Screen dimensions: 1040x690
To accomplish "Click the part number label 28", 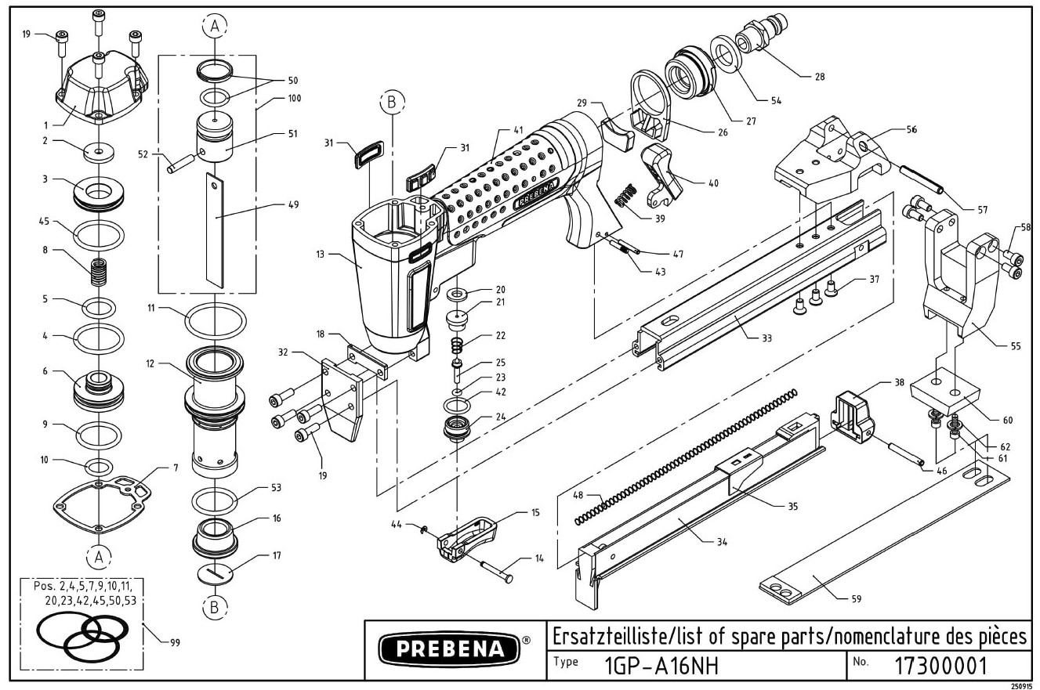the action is coord(820,77).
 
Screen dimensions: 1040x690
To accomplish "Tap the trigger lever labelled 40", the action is coord(661,176).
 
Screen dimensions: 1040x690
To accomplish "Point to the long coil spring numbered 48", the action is coord(686,457).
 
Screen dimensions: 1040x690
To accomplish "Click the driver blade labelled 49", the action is coord(216,230).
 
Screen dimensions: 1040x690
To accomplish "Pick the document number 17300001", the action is coord(940,667).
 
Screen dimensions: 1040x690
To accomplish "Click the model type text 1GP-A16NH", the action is coord(662,667).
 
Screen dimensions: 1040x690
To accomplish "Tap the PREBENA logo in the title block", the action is coord(449,648).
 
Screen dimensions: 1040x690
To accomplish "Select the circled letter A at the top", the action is coord(215,26).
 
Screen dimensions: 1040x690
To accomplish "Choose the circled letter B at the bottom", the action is coord(215,607).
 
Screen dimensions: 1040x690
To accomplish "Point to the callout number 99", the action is coord(175,643).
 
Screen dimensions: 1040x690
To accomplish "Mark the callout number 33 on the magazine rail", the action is coord(766,338).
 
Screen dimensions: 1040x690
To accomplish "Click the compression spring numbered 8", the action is coord(97,273).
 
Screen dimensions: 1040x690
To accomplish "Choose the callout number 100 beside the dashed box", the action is coord(295,99).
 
